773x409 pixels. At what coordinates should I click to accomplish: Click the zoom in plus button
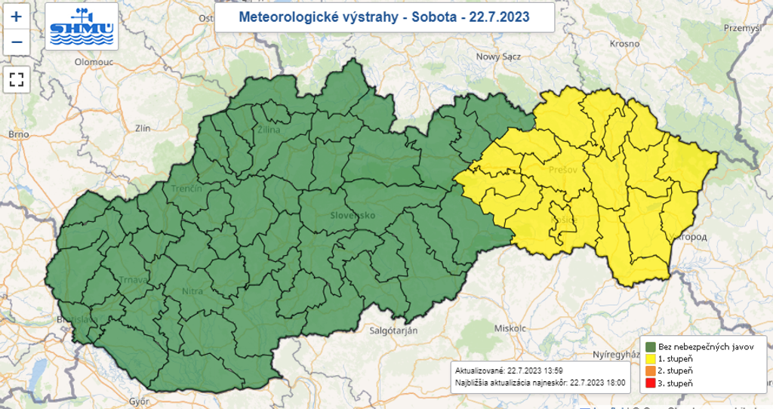pos(16,16)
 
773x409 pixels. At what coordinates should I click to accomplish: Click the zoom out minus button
pos(16,42)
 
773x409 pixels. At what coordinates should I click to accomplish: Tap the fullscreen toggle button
pos(16,78)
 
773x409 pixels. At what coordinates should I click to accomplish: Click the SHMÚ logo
pos(81,26)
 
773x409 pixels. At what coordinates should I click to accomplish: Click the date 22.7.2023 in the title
pos(499,16)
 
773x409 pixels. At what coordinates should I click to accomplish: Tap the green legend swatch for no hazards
pos(649,346)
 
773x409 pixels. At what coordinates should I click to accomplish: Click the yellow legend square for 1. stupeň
pos(649,359)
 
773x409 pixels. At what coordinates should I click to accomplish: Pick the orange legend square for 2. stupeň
pos(649,372)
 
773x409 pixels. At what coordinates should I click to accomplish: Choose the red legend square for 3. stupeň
pos(649,385)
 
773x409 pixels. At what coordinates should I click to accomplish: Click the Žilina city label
pos(268,131)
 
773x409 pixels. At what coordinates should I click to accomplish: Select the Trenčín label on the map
pos(186,188)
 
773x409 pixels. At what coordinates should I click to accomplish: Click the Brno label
pos(18,134)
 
